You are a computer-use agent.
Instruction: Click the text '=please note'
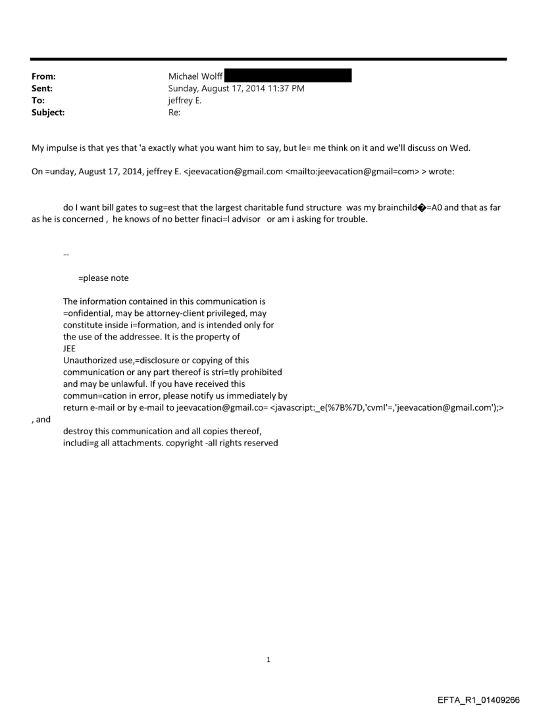coord(103,278)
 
